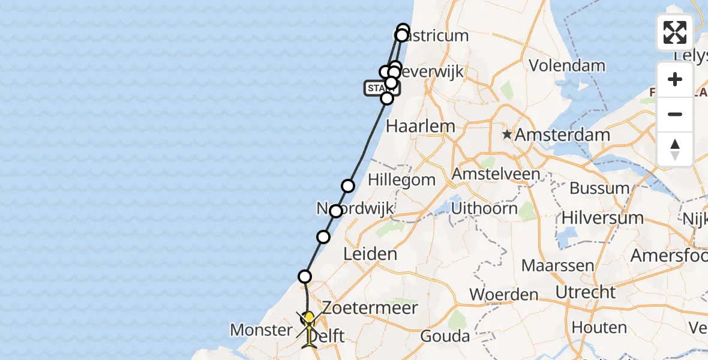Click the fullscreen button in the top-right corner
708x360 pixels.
click(x=675, y=32)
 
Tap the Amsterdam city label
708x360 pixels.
click(x=562, y=135)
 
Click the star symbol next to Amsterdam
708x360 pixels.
click(x=508, y=134)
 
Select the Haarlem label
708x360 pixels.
click(x=420, y=127)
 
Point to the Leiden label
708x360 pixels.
click(x=370, y=254)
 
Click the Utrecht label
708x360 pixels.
click(x=586, y=293)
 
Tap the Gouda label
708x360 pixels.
click(x=445, y=336)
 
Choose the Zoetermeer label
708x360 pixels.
click(x=361, y=308)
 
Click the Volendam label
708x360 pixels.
click(x=567, y=65)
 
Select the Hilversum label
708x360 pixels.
click(x=595, y=218)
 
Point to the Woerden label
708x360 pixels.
click(x=504, y=295)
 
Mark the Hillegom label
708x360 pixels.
click(x=401, y=180)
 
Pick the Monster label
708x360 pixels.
click(x=261, y=329)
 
